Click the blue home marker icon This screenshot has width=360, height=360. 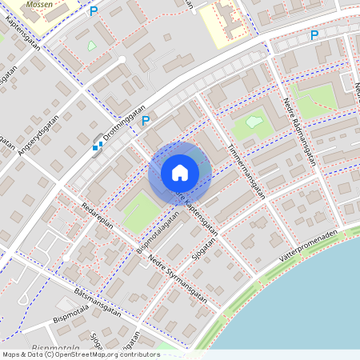point(179,173)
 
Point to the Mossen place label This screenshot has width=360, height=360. point(39,4)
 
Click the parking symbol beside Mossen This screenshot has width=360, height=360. point(94,11)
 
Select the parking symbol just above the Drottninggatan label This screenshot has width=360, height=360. point(146,121)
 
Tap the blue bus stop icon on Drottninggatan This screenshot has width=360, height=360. point(97,146)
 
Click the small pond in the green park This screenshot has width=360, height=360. point(254,122)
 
